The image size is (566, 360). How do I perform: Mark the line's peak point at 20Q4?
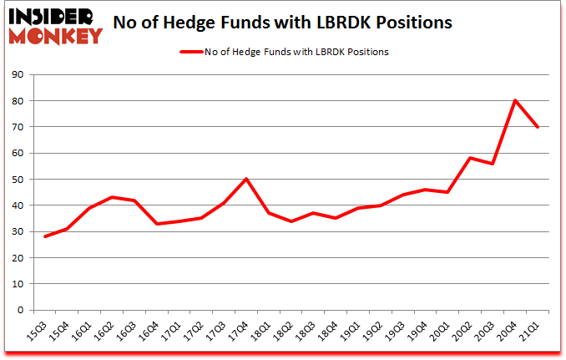(x=515, y=101)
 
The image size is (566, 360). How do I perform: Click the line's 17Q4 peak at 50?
(x=246, y=179)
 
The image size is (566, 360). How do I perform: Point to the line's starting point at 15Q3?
(x=44, y=236)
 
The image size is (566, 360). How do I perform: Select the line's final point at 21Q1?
(x=538, y=127)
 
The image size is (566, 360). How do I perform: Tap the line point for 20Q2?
(x=471, y=158)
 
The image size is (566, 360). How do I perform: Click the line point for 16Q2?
(x=112, y=197)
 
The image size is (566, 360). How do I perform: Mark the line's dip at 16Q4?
(x=157, y=224)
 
